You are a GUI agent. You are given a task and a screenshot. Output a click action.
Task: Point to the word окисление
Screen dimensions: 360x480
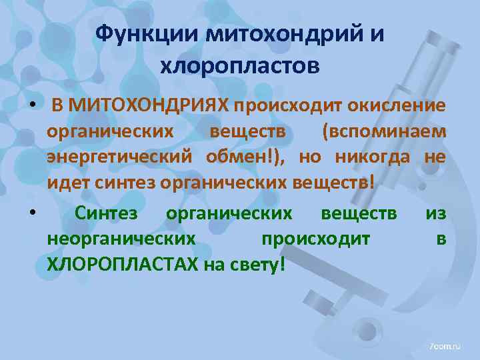pyautogui.click(x=395, y=105)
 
